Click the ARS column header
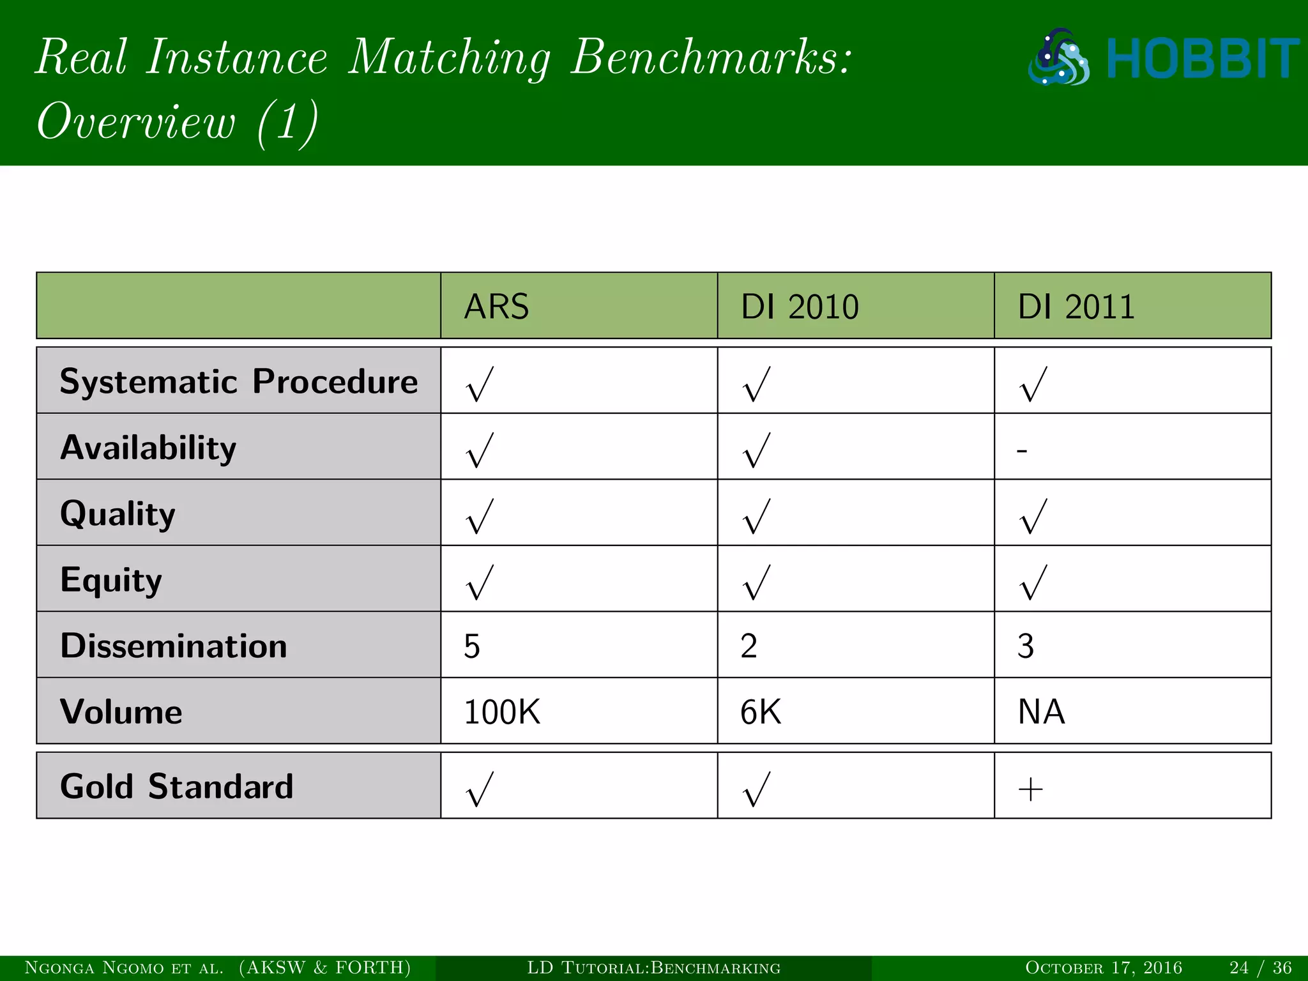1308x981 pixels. tap(496, 307)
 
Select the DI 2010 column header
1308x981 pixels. tap(799, 307)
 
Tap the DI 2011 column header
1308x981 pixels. tap(1076, 307)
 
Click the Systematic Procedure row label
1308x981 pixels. tap(238, 382)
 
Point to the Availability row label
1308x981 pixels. tap(148, 448)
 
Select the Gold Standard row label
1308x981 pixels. tap(176, 786)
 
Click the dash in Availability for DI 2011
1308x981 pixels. tap(1022, 451)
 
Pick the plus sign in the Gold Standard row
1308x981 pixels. tap(1030, 791)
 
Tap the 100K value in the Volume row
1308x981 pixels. tap(502, 712)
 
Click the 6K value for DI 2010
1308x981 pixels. tap(761, 712)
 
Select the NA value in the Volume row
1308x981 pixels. tap(1041, 712)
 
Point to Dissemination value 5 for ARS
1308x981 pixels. tap(472, 646)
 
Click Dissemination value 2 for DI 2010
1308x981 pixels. tap(749, 646)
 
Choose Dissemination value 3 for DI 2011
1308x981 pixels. tap(1026, 646)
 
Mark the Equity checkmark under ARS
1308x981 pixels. tap(480, 582)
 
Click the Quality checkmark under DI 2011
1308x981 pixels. tap(1034, 516)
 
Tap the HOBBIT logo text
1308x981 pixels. tap(1202, 59)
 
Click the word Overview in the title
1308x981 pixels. tap(136, 121)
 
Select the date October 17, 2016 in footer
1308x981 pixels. tap(1104, 968)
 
